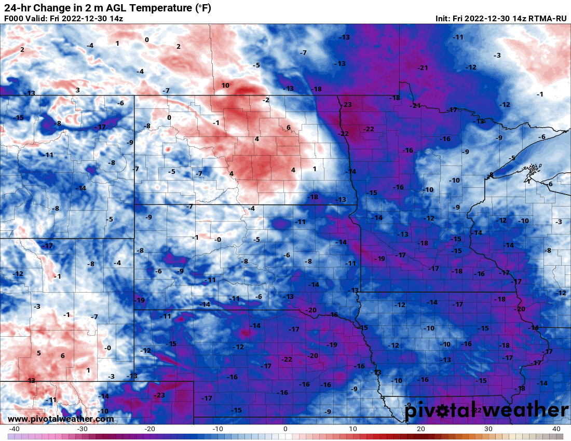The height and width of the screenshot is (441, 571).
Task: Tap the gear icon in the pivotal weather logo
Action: pyautogui.click(x=443, y=411)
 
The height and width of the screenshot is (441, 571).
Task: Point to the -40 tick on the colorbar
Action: pyautogui.click(x=14, y=429)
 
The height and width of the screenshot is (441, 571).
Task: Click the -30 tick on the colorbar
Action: pyautogui.click(x=82, y=429)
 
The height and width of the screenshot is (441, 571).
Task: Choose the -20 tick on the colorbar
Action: pyautogui.click(x=149, y=429)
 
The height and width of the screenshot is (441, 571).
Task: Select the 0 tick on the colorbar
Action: pyautogui.click(x=285, y=429)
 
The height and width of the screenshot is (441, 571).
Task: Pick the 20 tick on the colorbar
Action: pyautogui.click(x=421, y=429)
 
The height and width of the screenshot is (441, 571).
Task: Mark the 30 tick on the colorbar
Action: pyautogui.click(x=488, y=429)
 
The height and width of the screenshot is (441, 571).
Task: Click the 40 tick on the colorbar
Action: pyautogui.click(x=556, y=429)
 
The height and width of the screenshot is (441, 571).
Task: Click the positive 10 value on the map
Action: pyautogui.click(x=225, y=86)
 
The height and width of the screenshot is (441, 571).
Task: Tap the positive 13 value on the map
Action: pyautogui.click(x=31, y=381)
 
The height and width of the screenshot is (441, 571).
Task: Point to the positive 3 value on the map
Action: pyautogui.click(x=77, y=90)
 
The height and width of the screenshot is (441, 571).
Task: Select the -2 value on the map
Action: pyautogui.click(x=266, y=100)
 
